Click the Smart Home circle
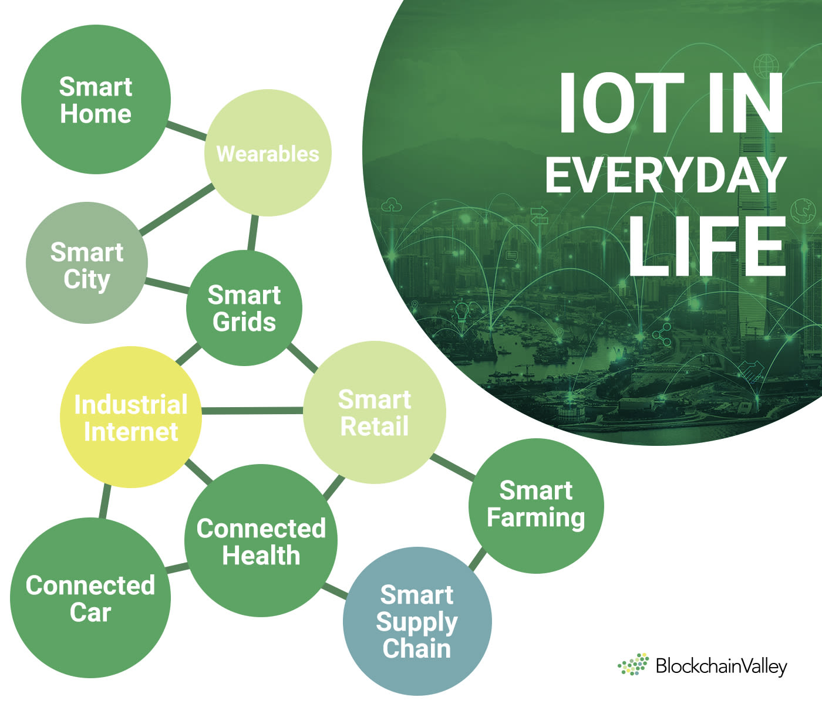tap(96, 99)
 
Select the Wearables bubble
tap(268, 153)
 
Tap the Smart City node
tap(87, 263)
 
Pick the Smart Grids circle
tap(244, 308)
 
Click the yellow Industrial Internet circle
tap(131, 417)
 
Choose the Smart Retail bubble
tap(375, 412)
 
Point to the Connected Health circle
tap(261, 541)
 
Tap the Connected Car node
tap(90, 598)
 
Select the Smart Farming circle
tap(536, 506)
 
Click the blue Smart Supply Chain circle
tap(417, 621)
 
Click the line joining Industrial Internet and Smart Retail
tap(252, 411)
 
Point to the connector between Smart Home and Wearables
tap(186, 131)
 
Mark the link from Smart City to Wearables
tap(177, 209)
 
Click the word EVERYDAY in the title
tap(666, 175)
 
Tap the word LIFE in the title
tap(708, 246)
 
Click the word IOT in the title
tap(621, 103)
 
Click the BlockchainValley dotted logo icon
tap(633, 664)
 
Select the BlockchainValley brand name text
tap(722, 666)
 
